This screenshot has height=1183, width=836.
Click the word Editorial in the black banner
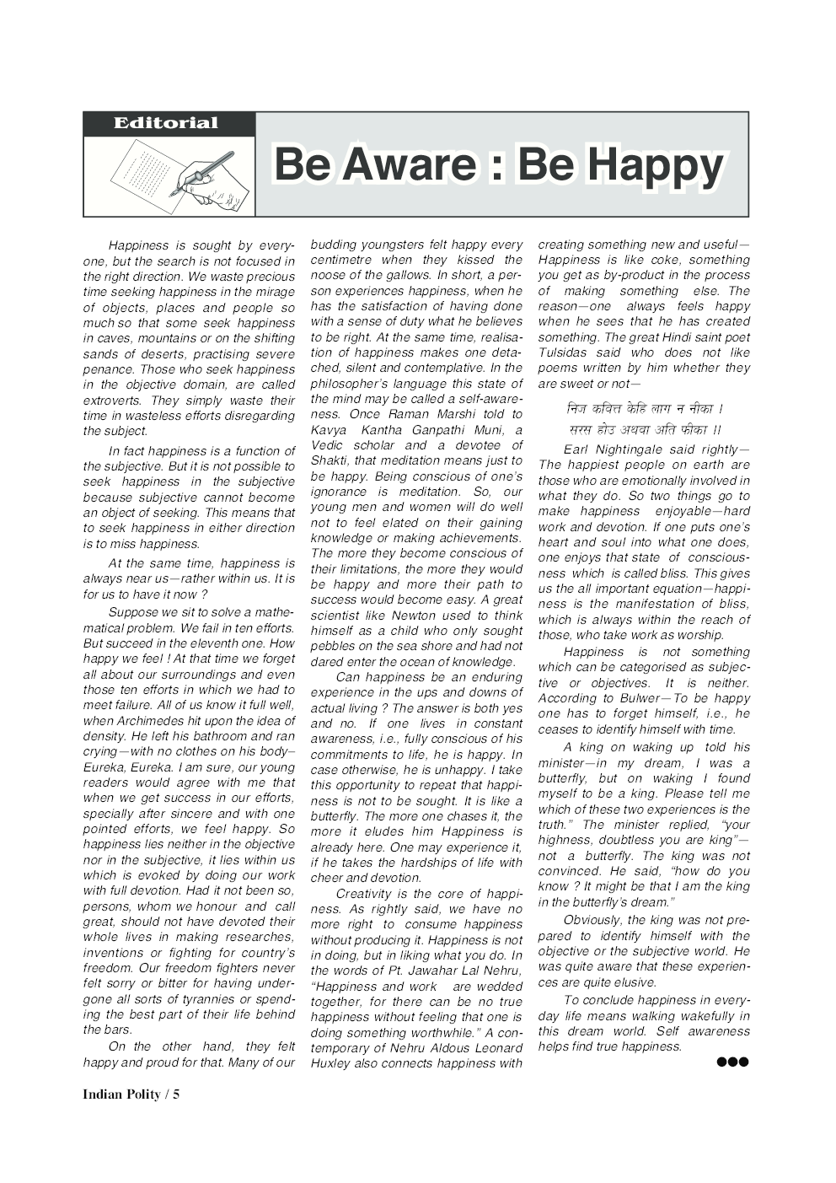pyautogui.click(x=166, y=123)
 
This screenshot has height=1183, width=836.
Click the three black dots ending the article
pyautogui.click(x=732, y=1062)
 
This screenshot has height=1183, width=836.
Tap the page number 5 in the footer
pyautogui.click(x=176, y=1094)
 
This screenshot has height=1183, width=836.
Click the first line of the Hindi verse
pyautogui.click(x=645, y=409)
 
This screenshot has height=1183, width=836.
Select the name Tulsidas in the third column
pyautogui.click(x=562, y=352)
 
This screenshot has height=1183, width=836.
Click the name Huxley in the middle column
pyautogui.click(x=330, y=1063)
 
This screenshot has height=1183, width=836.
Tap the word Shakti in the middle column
pyautogui.click(x=330, y=460)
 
